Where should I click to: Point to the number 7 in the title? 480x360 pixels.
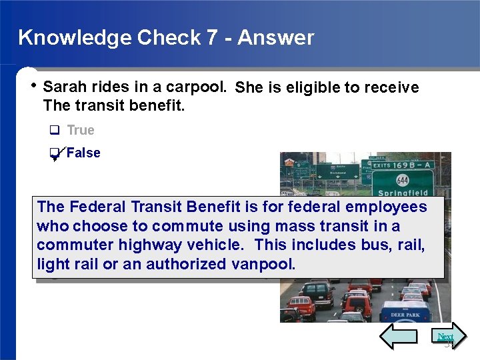(x=211, y=37)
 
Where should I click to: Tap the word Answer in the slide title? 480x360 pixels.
(x=275, y=37)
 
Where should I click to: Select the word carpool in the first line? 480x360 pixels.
(x=201, y=87)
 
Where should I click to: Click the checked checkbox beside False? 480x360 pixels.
(x=55, y=154)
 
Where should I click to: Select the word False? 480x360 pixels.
(x=83, y=153)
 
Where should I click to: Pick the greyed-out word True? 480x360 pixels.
(x=81, y=130)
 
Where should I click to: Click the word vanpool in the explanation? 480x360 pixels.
(x=263, y=264)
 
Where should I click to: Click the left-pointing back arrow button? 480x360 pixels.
(x=398, y=337)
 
